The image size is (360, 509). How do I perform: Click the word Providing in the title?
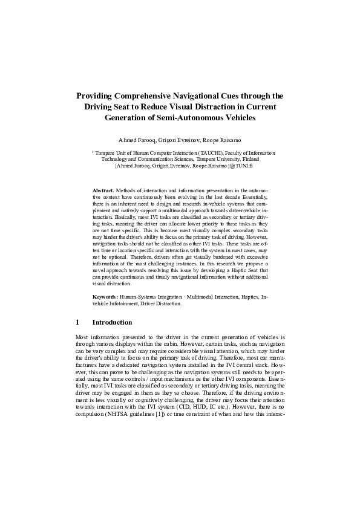click(x=95, y=96)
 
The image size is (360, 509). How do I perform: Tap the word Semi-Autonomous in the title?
click(x=203, y=117)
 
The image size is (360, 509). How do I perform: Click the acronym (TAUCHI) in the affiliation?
click(x=200, y=154)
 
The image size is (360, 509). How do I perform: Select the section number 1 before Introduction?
click(x=77, y=322)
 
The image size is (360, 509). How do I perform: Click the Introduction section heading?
click(x=112, y=322)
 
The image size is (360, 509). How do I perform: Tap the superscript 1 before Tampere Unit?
click(x=93, y=152)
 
